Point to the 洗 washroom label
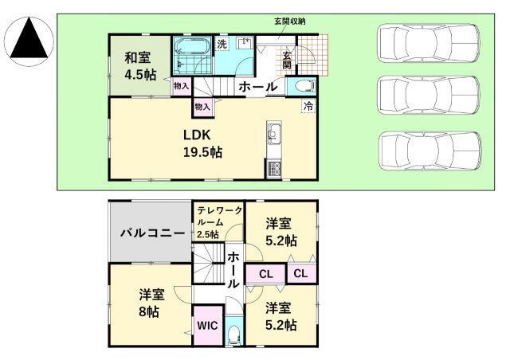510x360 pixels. coord(223,45)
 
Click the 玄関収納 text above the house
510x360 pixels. coord(290,21)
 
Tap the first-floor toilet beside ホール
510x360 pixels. coord(304,86)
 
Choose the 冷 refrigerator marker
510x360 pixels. coord(308,105)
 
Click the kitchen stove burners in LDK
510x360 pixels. coord(274,168)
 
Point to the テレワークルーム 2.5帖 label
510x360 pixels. coord(218,221)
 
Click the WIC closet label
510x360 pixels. coord(206,326)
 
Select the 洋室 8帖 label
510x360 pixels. coord(147,303)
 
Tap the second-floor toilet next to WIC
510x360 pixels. coord(233,333)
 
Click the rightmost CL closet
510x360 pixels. coord(302,274)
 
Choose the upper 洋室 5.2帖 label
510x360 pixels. coord(281,232)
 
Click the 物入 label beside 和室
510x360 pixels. coord(182,85)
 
